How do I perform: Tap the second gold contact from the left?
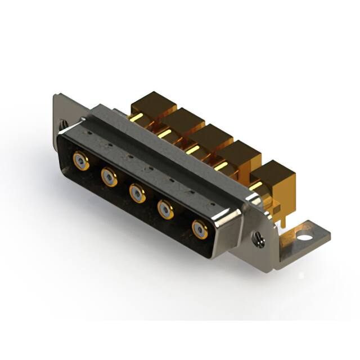[109, 178]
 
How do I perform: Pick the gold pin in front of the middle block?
[193, 149]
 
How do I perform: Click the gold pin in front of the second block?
[164, 133]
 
